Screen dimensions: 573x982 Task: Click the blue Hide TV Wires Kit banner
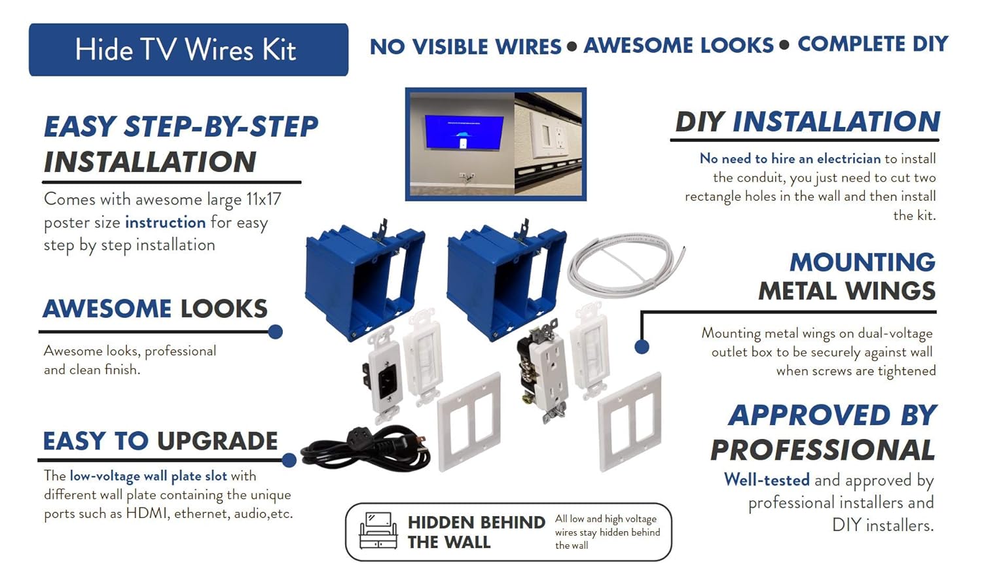click(188, 50)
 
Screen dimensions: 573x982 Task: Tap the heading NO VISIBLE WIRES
click(465, 46)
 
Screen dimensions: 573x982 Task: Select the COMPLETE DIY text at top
click(873, 44)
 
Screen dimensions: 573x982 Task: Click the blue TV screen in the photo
click(464, 133)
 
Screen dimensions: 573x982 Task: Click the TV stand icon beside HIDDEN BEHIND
click(378, 530)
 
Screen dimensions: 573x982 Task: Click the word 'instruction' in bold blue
click(165, 222)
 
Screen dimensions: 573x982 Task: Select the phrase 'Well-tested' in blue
click(767, 480)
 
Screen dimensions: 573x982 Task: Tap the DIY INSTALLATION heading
click(807, 122)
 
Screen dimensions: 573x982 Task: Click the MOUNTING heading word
click(862, 262)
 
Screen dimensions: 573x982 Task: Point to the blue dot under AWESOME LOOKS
click(276, 332)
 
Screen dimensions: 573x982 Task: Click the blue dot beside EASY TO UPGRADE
click(289, 460)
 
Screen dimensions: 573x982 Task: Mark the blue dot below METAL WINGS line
click(642, 347)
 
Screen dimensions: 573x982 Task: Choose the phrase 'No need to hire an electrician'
click(790, 158)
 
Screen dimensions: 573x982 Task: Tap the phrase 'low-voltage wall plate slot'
click(148, 476)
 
